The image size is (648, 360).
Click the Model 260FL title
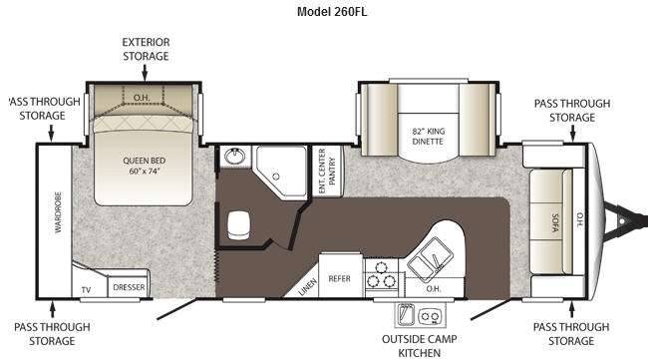click(331, 12)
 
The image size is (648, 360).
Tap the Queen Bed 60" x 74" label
click(144, 166)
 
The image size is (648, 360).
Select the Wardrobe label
click(58, 212)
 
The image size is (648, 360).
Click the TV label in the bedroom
click(86, 290)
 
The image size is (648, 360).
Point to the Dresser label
click(129, 287)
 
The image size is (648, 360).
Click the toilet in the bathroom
click(238, 224)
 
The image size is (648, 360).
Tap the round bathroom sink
click(234, 157)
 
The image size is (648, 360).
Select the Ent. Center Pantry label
click(327, 171)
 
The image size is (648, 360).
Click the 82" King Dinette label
click(428, 136)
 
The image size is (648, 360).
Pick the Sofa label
click(555, 222)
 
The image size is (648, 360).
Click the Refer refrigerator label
click(339, 278)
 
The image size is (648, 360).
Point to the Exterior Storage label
click(146, 49)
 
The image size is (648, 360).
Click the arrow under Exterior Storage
click(145, 73)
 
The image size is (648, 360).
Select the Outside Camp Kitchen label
click(419, 346)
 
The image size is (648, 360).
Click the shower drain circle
click(276, 177)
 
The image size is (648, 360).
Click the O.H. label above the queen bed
click(142, 98)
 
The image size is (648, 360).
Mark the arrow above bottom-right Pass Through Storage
click(572, 309)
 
